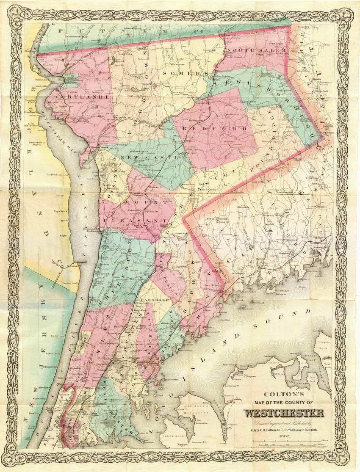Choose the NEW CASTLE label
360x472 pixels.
coord(153,157)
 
